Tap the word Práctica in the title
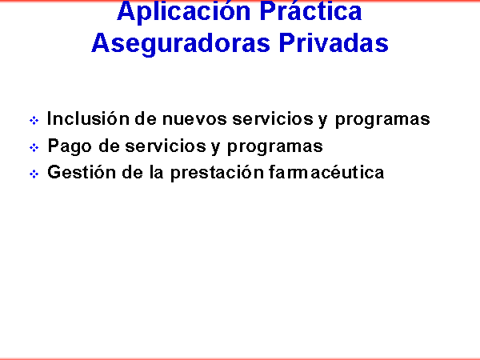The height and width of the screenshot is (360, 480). [310, 11]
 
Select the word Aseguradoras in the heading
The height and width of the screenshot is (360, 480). [181, 44]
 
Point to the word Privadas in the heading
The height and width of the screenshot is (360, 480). [334, 43]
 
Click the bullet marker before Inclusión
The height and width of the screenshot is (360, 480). [34, 120]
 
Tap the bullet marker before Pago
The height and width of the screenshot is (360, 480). [34, 147]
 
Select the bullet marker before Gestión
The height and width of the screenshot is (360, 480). [34, 174]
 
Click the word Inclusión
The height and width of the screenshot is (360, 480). [88, 118]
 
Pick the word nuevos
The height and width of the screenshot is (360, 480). [194, 118]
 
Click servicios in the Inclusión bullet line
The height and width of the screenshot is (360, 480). [273, 118]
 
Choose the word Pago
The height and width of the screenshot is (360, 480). [70, 146]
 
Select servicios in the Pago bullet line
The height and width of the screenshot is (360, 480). [166, 146]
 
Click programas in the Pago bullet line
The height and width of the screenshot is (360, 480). [275, 147]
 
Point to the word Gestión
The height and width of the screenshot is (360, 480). [82, 172]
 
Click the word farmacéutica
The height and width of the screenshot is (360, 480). [326, 172]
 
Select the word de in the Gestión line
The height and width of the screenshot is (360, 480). [133, 172]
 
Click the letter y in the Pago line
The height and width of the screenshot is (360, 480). [215, 147]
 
